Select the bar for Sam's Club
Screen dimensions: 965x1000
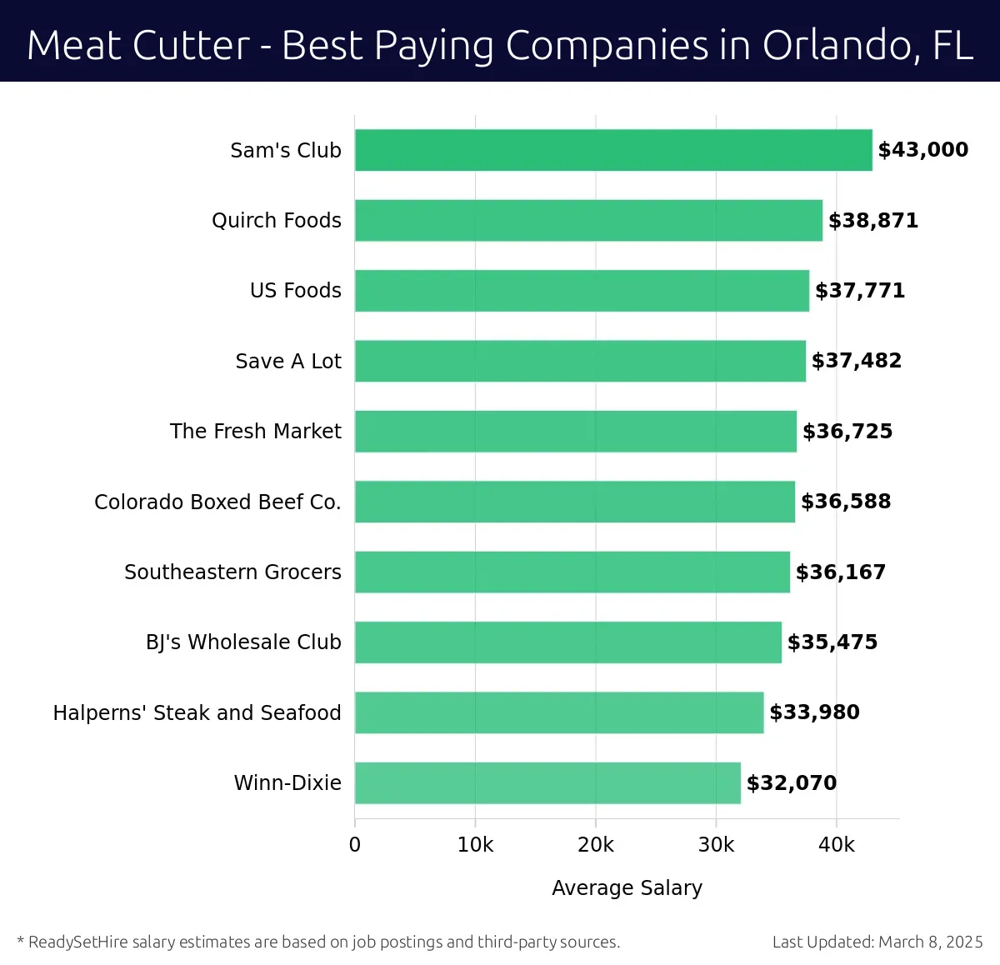tap(613, 150)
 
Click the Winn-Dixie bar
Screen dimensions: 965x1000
tap(547, 782)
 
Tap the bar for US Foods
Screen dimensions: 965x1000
tap(582, 291)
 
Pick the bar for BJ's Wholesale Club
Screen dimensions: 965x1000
tap(568, 642)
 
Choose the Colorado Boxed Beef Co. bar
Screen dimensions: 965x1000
tap(575, 502)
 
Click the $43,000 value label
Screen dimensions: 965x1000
tap(922, 150)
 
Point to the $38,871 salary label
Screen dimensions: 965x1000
tap(872, 221)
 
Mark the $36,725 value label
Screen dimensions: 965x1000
tap(847, 432)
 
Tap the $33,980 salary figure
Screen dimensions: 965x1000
tap(814, 712)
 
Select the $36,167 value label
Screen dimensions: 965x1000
tap(840, 572)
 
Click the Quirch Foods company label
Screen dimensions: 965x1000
tap(276, 221)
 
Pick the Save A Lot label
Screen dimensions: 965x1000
tap(287, 362)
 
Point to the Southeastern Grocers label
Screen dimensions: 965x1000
tap(232, 572)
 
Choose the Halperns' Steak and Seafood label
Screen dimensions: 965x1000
tap(197, 713)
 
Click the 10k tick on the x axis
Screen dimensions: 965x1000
tap(475, 845)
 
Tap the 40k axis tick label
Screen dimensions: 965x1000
tap(836, 845)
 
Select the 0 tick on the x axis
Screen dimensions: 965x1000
tap(355, 845)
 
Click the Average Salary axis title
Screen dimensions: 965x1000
tap(627, 888)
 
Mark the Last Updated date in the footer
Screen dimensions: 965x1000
tap(877, 942)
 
